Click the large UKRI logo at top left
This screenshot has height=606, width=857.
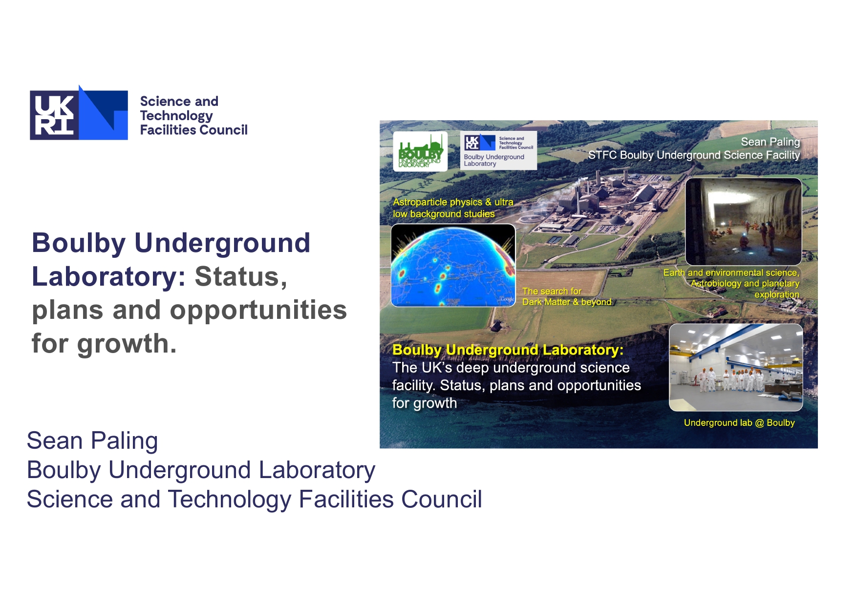click(x=79, y=113)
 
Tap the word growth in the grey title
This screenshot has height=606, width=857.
click(x=127, y=344)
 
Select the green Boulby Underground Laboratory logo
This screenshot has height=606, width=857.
click(x=420, y=151)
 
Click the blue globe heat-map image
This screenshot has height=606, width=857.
click(x=453, y=265)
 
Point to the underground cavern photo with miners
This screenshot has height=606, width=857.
click(x=743, y=221)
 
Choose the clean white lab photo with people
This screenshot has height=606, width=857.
click(x=736, y=367)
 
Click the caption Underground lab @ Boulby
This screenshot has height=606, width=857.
click(x=739, y=423)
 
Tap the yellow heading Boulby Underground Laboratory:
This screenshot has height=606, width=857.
click(x=508, y=350)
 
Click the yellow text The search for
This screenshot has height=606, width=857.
click(x=552, y=291)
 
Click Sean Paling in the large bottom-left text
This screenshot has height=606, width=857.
click(x=92, y=440)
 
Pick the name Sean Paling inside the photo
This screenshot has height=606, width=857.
click(x=771, y=142)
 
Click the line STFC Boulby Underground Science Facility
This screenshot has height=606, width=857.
click(x=694, y=155)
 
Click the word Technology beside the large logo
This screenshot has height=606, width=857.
click(x=176, y=116)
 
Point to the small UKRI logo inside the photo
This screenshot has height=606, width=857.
click(x=480, y=142)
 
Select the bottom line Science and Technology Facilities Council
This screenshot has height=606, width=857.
click(x=255, y=500)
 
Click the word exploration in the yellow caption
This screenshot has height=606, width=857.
click(x=777, y=294)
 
